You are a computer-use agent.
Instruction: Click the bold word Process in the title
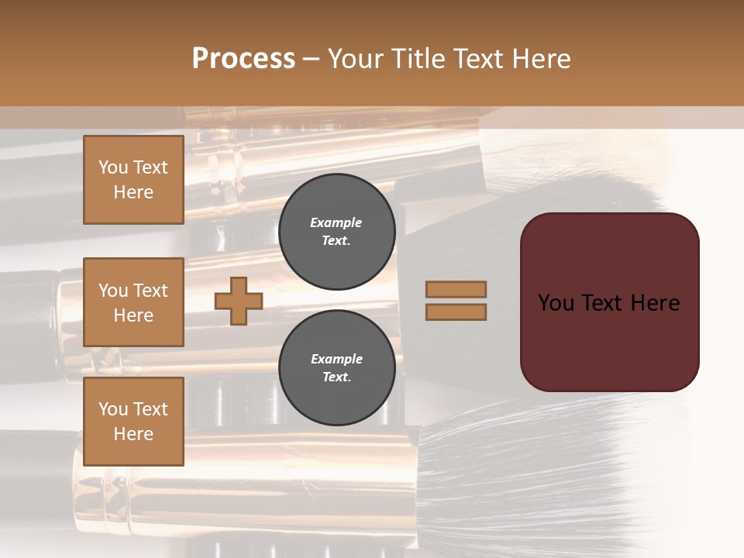coord(243,59)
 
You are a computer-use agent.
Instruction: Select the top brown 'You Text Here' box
coord(133,180)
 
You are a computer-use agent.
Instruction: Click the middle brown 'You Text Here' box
coord(133,302)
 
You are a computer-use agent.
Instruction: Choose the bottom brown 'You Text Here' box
coord(133,421)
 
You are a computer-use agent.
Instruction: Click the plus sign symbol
coord(239,301)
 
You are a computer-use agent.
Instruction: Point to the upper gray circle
coord(337,231)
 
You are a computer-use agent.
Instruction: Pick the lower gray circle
coord(337,367)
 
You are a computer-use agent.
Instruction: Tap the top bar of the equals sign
coord(456,289)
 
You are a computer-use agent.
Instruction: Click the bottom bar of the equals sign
coord(456,312)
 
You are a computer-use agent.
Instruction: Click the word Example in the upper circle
coord(336,222)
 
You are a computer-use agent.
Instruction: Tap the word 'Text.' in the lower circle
coord(336,377)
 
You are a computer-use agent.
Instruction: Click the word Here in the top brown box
coord(133,192)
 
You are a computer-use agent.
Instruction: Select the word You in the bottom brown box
coord(112,409)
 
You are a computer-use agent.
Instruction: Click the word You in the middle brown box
coord(112,291)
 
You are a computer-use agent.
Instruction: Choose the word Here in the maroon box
coord(655,303)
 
